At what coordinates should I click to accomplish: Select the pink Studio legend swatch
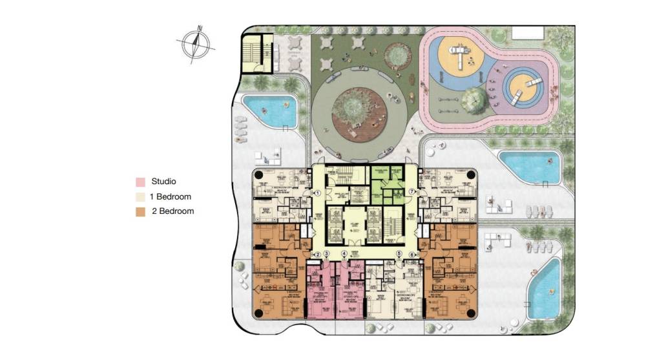point(140,182)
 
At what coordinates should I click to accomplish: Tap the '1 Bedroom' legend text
point(171,196)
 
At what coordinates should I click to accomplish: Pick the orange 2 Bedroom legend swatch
point(140,211)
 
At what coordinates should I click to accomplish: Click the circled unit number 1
point(317,193)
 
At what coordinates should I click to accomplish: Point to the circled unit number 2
point(317,255)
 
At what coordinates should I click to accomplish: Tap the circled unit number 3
point(327,255)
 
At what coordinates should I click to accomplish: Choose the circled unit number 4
point(344,255)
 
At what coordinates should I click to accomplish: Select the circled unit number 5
point(399,255)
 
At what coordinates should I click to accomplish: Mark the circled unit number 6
point(412,255)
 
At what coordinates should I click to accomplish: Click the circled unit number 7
point(412,193)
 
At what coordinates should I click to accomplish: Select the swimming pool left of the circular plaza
point(269,111)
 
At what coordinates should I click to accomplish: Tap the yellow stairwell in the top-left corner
point(254,54)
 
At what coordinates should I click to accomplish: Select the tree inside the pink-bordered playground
point(475,98)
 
